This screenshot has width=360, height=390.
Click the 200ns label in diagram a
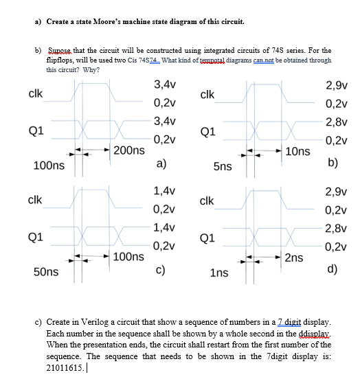129,150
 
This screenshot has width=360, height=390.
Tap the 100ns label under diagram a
49,165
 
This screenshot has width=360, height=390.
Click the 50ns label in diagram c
46,273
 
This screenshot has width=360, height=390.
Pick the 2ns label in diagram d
293,257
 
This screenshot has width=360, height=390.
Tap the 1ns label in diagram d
220,273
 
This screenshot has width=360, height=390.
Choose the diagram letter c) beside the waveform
159,270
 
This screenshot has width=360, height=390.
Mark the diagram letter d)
331,270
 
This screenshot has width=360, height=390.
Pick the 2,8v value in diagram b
337,122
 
